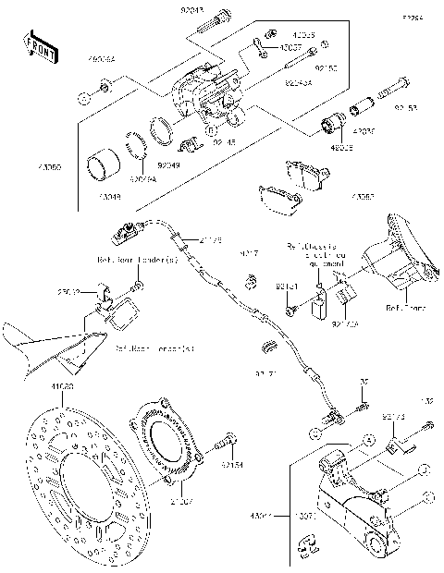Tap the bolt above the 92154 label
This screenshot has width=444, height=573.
point(224,446)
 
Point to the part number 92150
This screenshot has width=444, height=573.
point(327,67)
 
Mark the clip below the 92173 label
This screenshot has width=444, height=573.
point(393,449)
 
